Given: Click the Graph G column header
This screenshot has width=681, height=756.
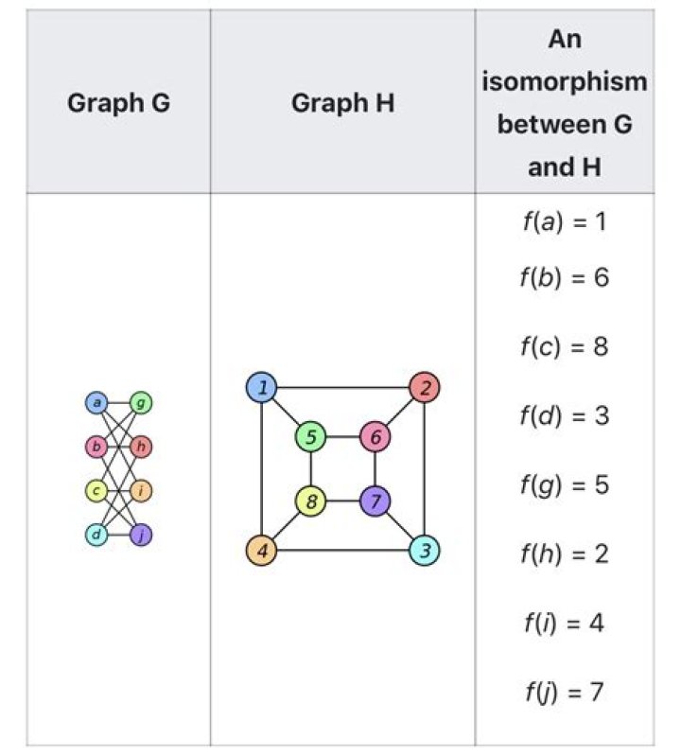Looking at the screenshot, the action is (x=118, y=103).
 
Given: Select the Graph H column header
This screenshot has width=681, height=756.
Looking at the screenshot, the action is (x=342, y=103).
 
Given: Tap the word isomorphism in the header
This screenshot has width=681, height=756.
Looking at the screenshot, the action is (x=565, y=81).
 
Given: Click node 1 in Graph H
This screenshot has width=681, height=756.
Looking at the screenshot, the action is (x=261, y=387).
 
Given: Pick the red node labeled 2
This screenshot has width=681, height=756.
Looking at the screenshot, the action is (x=424, y=387).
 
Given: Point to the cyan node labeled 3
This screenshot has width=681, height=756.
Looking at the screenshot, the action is (x=424, y=550).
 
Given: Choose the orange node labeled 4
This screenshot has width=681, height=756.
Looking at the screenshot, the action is (x=261, y=550).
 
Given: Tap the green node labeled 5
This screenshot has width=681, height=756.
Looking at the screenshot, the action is (x=311, y=437).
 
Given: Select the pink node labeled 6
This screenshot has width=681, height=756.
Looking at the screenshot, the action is (x=375, y=437).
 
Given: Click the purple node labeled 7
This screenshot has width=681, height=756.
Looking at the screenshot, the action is (x=375, y=501).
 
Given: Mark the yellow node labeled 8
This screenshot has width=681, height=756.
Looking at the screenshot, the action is (x=311, y=501).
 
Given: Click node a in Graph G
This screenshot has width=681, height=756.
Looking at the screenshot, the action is (x=96, y=402).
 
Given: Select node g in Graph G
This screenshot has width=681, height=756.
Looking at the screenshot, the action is (x=141, y=402).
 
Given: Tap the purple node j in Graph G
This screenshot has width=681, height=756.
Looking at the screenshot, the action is (x=141, y=535).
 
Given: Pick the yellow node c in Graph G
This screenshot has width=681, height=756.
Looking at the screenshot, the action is (x=96, y=491).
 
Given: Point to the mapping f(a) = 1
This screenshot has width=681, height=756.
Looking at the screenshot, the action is (x=565, y=222).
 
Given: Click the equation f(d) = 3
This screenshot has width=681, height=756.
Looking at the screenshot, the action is (x=565, y=415).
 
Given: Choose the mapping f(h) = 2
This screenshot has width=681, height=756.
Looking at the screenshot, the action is (x=565, y=554).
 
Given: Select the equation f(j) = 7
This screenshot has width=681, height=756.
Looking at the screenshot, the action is (x=565, y=693).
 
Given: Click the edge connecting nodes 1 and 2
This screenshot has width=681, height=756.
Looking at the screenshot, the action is (x=342, y=387).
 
